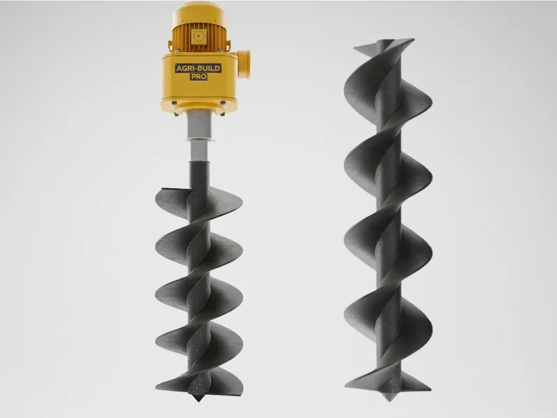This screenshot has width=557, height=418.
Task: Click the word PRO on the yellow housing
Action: click(x=198, y=77)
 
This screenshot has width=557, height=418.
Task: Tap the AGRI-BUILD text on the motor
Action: click(x=198, y=68)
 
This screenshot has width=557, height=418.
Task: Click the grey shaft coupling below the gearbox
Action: click(x=198, y=125)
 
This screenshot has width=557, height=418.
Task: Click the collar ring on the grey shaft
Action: click(x=198, y=140)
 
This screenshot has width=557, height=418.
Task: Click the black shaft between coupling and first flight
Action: click(x=196, y=171)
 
